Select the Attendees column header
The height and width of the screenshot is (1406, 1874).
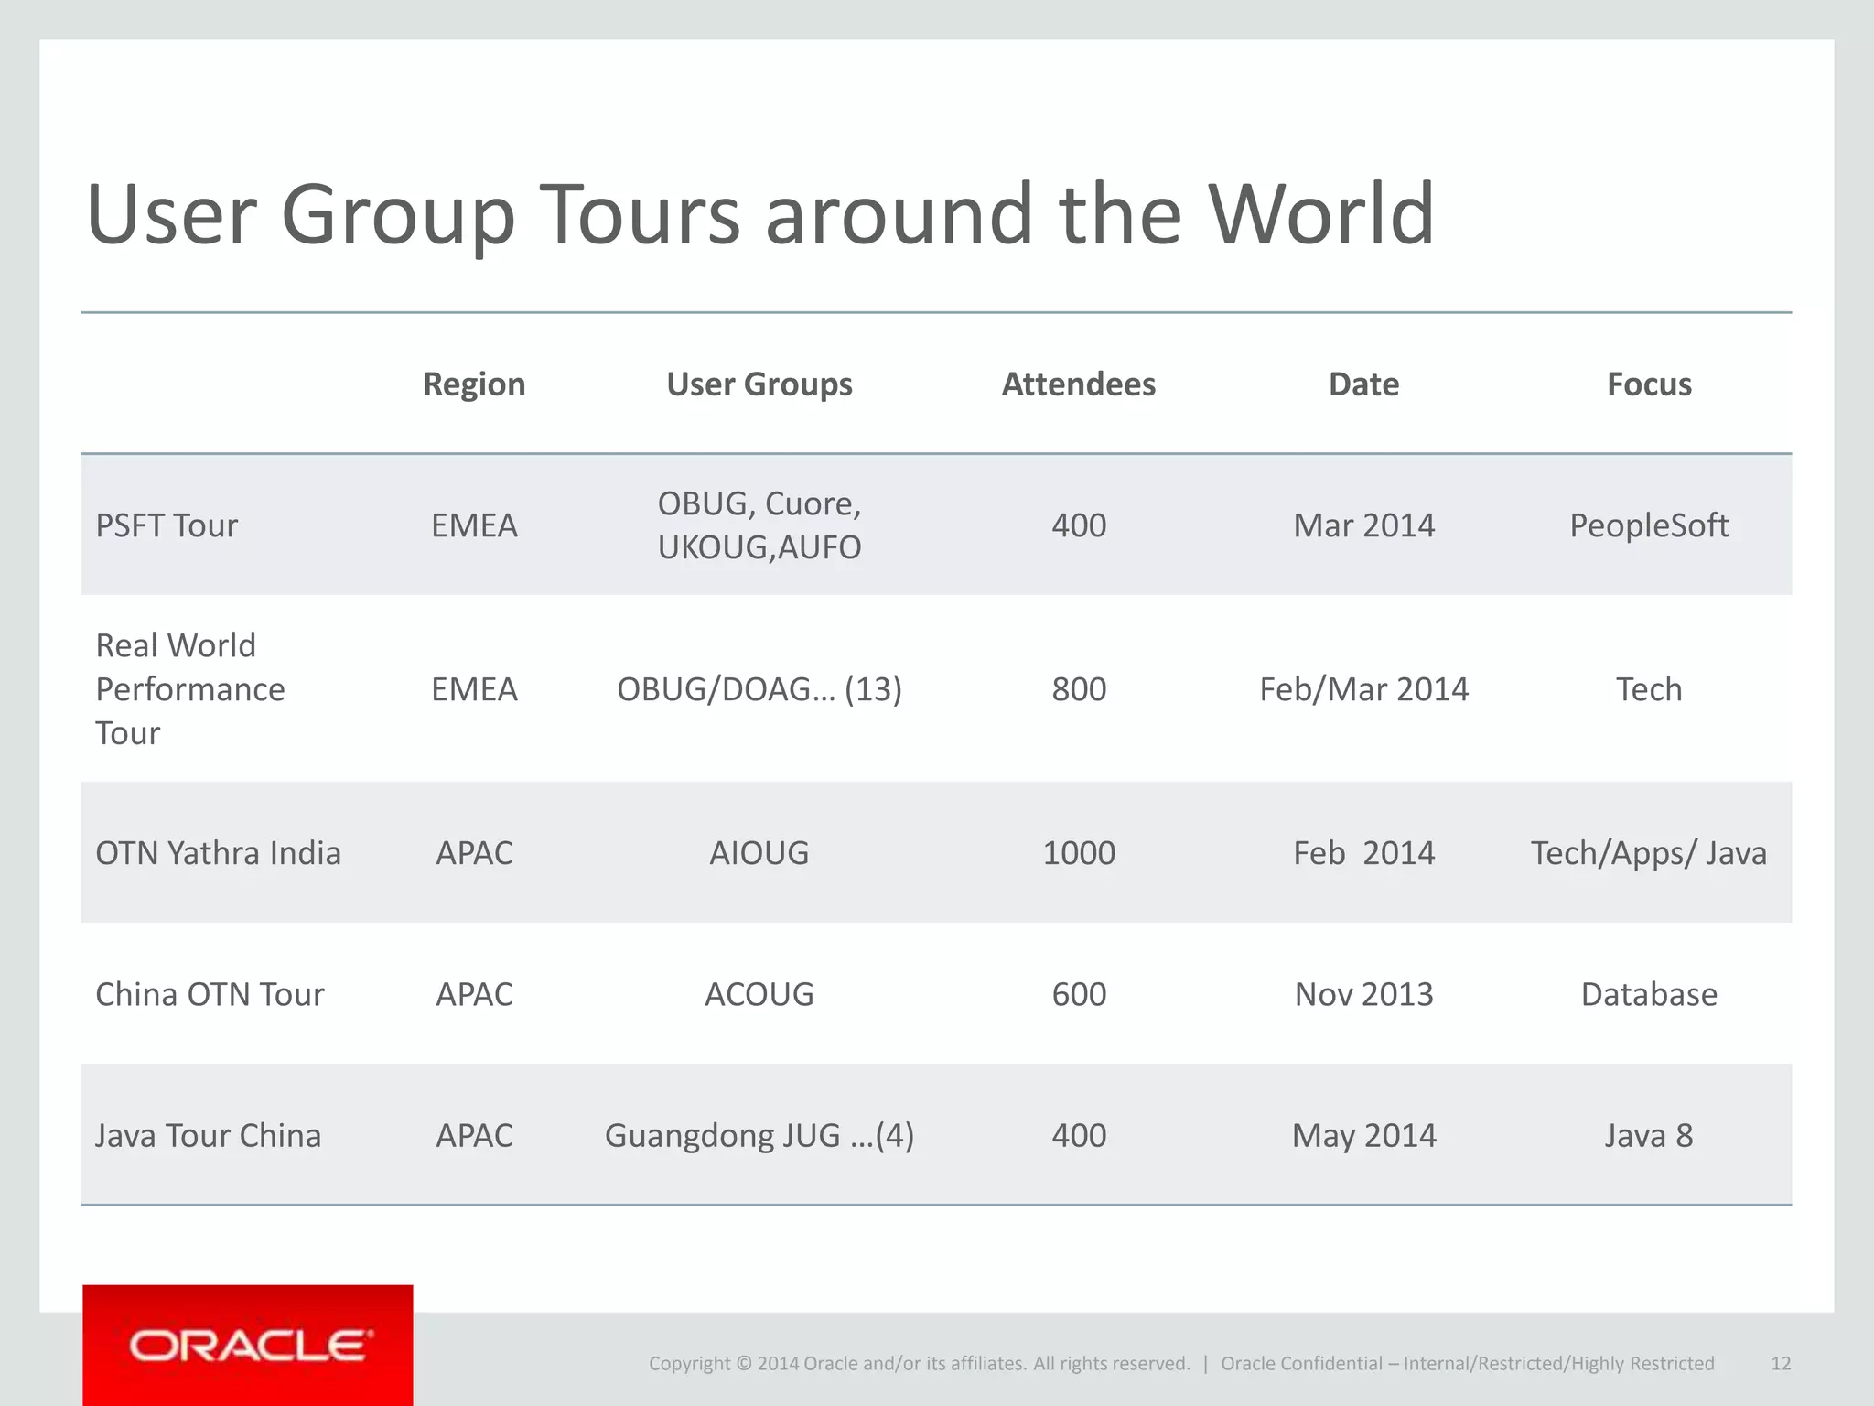(1078, 384)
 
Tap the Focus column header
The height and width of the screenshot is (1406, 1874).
(1649, 384)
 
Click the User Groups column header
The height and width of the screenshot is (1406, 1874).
(759, 384)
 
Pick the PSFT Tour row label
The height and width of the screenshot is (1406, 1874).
(167, 525)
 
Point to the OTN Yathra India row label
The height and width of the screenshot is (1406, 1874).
(218, 853)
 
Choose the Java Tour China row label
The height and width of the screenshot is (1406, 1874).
(208, 1136)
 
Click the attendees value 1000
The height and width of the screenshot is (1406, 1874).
(1079, 853)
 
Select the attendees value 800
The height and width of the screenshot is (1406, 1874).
(1079, 689)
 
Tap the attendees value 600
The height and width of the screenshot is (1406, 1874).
(1079, 994)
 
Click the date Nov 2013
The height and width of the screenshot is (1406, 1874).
(1363, 994)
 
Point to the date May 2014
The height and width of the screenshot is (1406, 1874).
(1363, 1136)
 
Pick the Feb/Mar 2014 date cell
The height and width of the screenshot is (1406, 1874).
(1363, 689)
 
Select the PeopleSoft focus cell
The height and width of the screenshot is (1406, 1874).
(1649, 525)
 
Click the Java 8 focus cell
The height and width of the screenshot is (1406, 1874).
(1649, 1136)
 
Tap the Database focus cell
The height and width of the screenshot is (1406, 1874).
(1649, 994)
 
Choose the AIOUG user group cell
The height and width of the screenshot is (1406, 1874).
(759, 853)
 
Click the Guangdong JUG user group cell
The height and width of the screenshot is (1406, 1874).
(759, 1136)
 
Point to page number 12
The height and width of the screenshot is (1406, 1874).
(1781, 1363)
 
